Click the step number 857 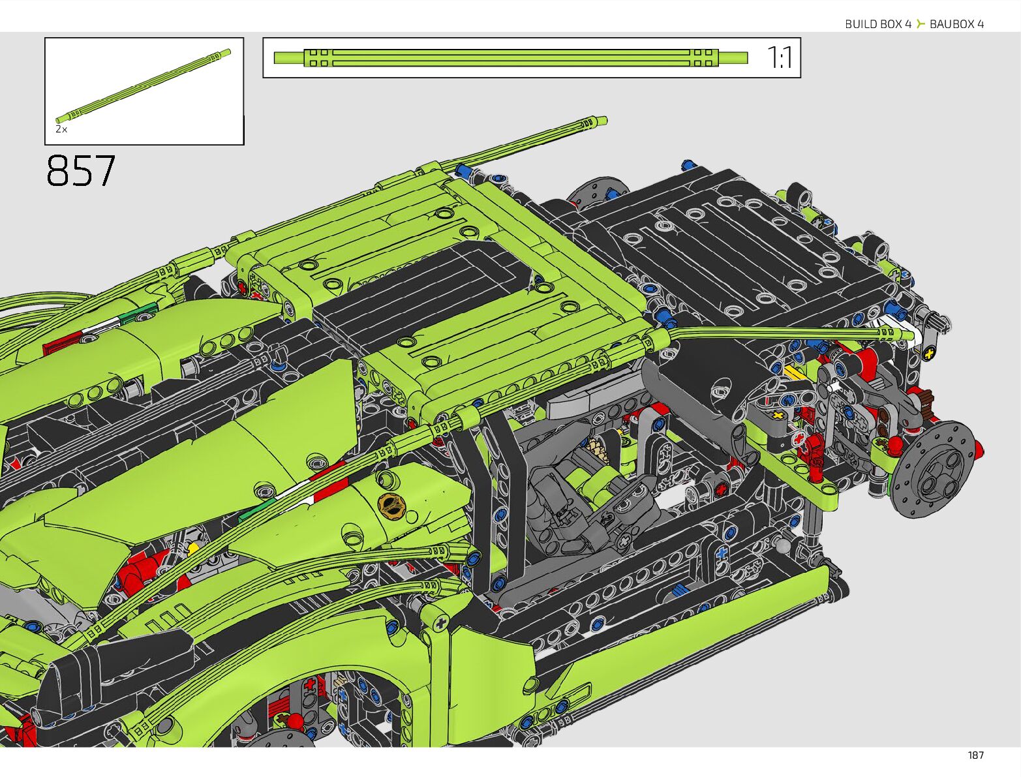pyautogui.click(x=81, y=171)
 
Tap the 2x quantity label pyautogui.click(x=61, y=129)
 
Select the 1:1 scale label pyautogui.click(x=779, y=57)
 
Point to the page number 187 pyautogui.click(x=975, y=755)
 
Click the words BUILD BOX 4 pyautogui.click(x=877, y=24)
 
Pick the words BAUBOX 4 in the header pyautogui.click(x=957, y=24)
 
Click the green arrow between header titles pyautogui.click(x=921, y=23)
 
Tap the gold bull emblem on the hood pyautogui.click(x=391, y=504)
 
